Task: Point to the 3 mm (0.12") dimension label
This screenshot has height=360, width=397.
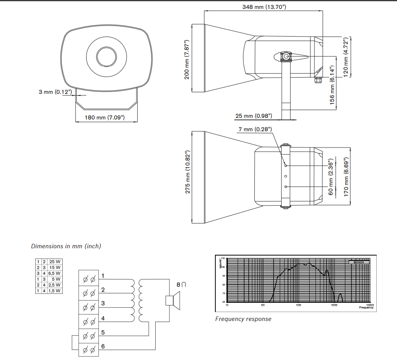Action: coord(55,92)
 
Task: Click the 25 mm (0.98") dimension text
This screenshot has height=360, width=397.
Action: coord(254,116)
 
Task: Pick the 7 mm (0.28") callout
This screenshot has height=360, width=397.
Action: coord(255,129)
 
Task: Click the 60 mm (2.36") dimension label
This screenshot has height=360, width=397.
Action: coord(331,175)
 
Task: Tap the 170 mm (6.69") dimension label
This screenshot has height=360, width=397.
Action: coord(346,177)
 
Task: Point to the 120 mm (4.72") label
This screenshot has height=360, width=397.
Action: coord(346,56)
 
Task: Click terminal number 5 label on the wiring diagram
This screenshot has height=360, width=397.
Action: coord(103,332)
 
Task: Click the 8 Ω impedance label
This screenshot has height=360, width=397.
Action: coord(181,285)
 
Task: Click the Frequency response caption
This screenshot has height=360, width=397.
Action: coord(243,319)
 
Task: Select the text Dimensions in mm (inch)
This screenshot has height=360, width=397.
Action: coord(66,246)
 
